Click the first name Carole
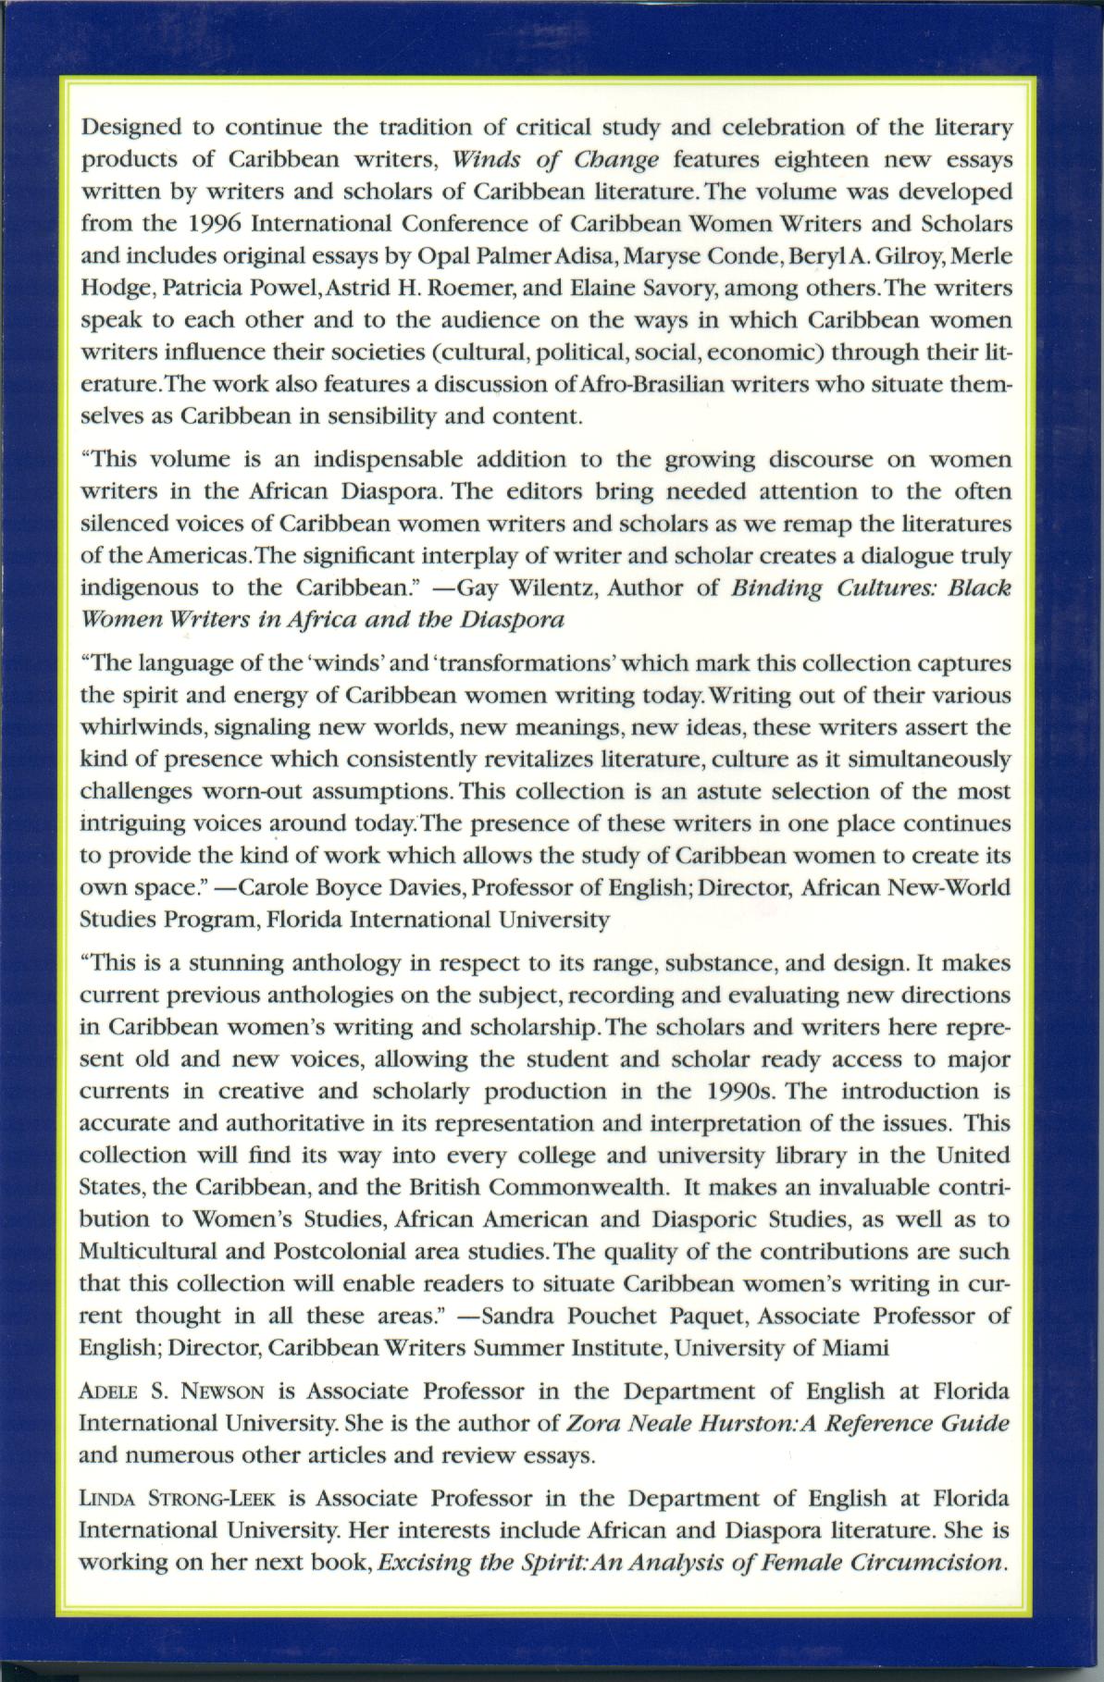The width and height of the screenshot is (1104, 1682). [269, 887]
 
